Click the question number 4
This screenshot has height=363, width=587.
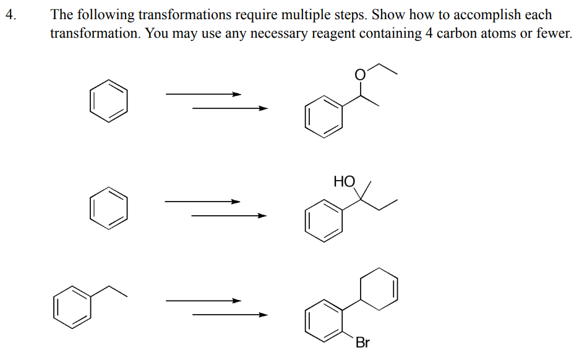click(x=9, y=15)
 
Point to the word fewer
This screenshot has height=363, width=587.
click(x=553, y=33)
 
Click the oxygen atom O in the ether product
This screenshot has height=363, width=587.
click(x=360, y=75)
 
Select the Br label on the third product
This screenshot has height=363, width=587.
click(x=362, y=342)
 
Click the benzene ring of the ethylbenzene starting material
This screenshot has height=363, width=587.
click(x=72, y=305)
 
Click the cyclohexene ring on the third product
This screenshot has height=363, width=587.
click(x=378, y=288)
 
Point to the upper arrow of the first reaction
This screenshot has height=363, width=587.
click(x=203, y=94)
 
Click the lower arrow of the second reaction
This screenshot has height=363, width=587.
click(x=229, y=216)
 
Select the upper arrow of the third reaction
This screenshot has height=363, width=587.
click(x=203, y=301)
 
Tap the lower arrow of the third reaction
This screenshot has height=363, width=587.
click(x=229, y=315)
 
